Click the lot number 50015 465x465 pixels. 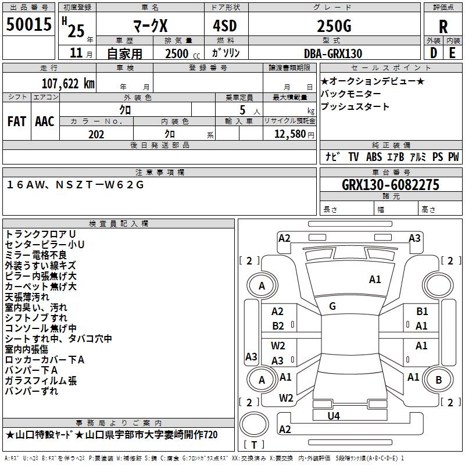click(x=28, y=24)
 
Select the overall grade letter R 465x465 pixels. click(x=443, y=27)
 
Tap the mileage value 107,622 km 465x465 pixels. click(x=68, y=84)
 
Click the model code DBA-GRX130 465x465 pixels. click(x=333, y=53)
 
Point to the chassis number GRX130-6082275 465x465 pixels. click(x=391, y=185)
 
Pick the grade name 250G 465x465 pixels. click(x=334, y=26)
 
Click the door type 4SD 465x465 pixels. click(x=225, y=26)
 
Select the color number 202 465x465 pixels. click(x=96, y=134)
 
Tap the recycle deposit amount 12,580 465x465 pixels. click(x=289, y=134)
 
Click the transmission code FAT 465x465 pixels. click(x=17, y=121)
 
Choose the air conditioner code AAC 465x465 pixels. click(x=45, y=121)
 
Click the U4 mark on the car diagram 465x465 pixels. click(x=334, y=416)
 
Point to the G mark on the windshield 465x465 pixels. click(x=332, y=306)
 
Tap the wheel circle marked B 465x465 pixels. click(x=439, y=380)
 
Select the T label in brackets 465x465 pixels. click(x=254, y=445)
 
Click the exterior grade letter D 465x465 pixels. click(x=434, y=53)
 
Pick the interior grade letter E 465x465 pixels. click(x=452, y=53)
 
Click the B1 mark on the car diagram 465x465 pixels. click(x=422, y=312)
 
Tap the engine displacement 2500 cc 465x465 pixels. click(x=183, y=53)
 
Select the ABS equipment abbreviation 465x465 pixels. click(x=374, y=157)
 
